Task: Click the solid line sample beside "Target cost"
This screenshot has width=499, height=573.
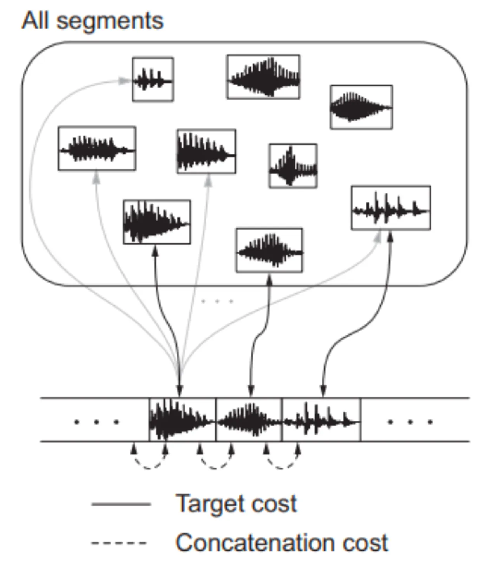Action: [x=121, y=504]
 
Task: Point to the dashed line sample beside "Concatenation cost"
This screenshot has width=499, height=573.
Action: [x=119, y=543]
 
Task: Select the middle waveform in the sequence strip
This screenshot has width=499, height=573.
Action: [x=249, y=419]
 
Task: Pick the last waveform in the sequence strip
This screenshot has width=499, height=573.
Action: [x=322, y=419]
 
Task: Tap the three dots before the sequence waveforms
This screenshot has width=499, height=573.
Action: [x=96, y=422]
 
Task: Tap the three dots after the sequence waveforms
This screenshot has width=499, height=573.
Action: [x=410, y=422]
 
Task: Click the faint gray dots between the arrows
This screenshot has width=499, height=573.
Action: [x=217, y=301]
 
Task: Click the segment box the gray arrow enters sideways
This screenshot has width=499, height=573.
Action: [x=153, y=79]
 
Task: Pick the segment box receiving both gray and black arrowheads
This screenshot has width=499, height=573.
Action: [x=391, y=207]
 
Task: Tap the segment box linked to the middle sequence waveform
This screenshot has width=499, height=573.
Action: [x=269, y=250]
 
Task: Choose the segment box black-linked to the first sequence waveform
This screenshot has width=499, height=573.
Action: [x=157, y=222]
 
